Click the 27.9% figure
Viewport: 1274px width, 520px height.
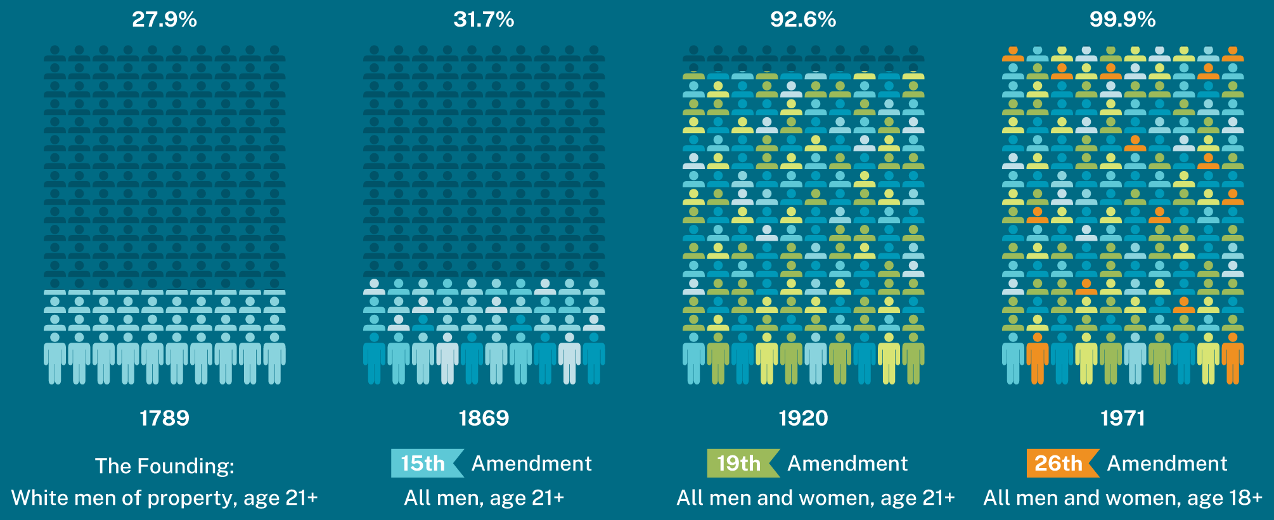coord(164,20)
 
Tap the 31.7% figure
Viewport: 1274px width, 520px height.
coord(484,20)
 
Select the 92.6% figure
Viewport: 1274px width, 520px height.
coord(803,20)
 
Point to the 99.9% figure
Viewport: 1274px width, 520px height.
coord(1123,20)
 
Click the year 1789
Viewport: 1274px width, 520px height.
coord(164,418)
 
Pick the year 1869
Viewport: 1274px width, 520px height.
coord(484,418)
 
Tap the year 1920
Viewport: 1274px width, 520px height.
coord(803,418)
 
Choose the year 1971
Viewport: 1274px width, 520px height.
coord(1123,418)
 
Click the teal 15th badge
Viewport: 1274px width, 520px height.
coord(425,463)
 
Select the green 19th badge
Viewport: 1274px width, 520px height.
coord(740,463)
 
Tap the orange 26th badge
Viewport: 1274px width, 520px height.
coord(1060,463)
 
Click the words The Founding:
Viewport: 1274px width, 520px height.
coord(164,466)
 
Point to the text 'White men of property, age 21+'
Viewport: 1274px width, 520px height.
coord(164,498)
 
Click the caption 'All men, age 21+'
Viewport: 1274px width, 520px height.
coord(484,498)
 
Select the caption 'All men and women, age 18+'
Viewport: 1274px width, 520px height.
coord(1123,498)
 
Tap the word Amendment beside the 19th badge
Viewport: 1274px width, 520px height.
coord(847,464)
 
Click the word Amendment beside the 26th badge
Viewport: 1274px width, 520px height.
coord(1167,464)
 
